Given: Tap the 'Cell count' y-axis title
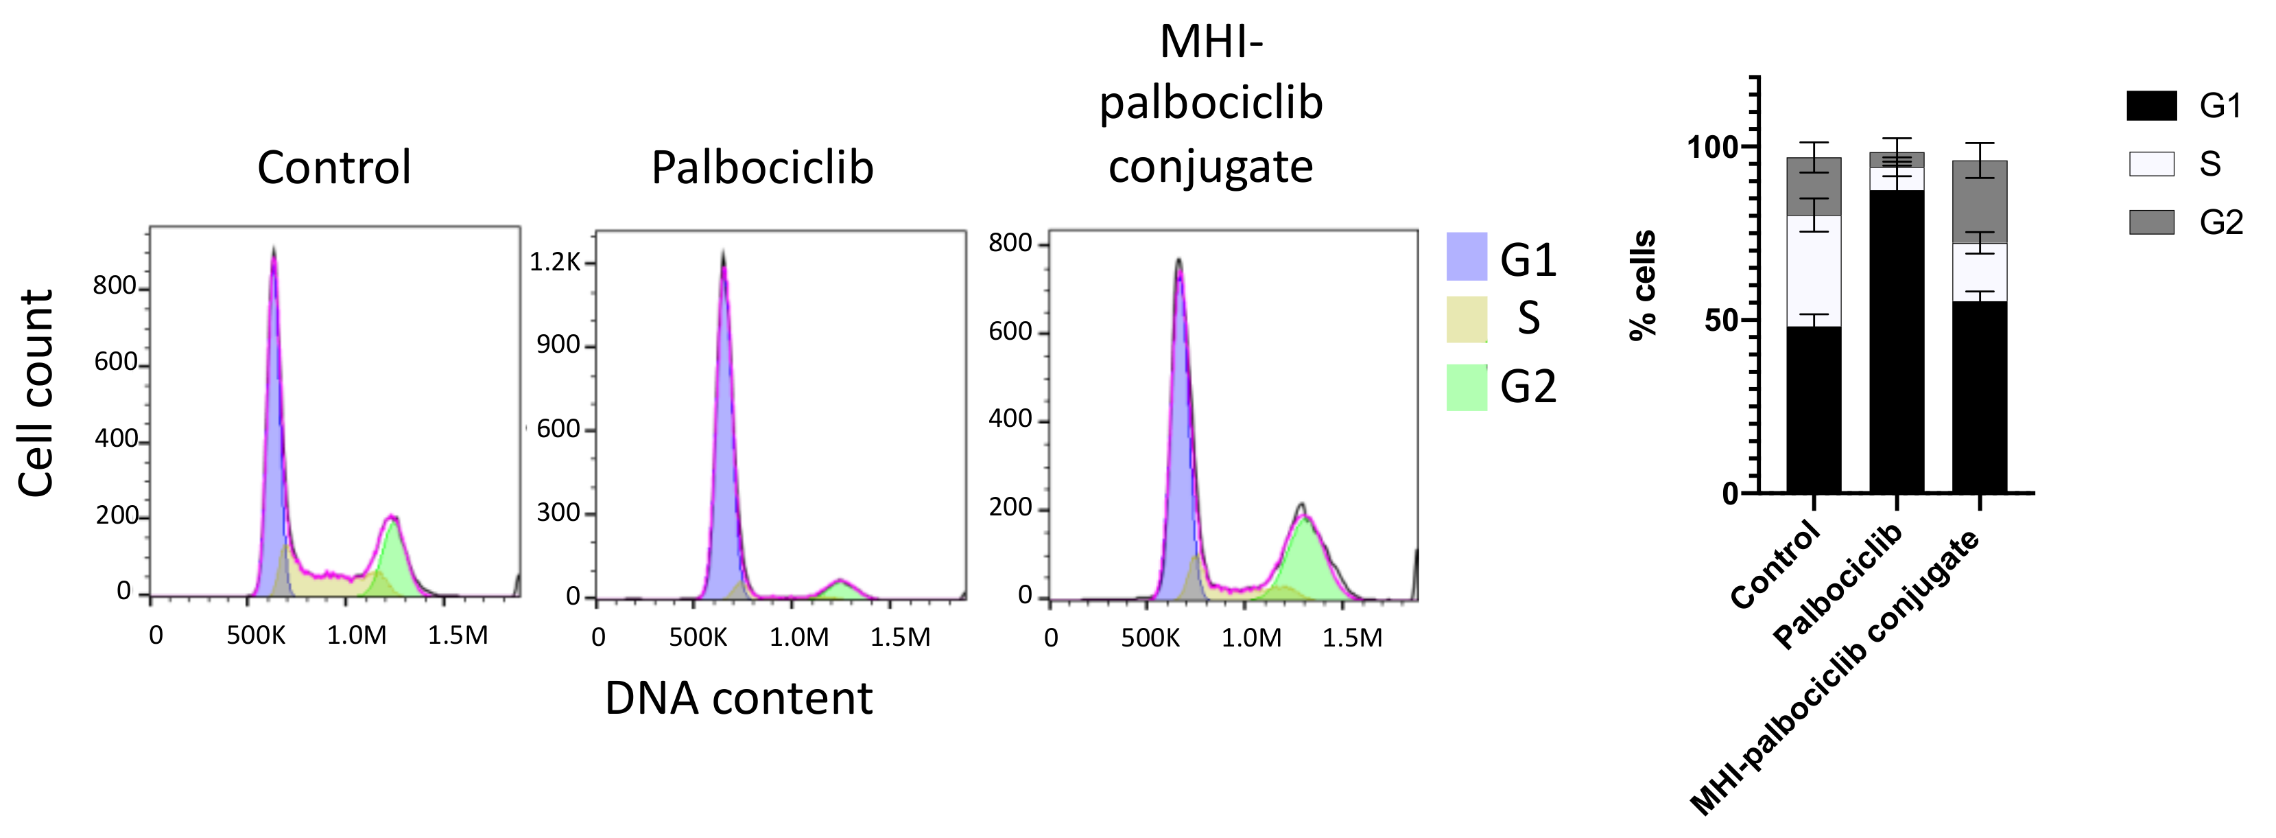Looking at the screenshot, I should (x=37, y=393).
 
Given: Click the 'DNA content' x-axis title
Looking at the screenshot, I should (x=739, y=699).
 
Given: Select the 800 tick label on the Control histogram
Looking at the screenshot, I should (x=115, y=286).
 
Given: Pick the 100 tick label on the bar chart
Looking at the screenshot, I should (x=1711, y=147).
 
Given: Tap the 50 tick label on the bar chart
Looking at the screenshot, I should (x=1721, y=320).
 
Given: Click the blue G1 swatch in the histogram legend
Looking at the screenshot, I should (x=1466, y=257).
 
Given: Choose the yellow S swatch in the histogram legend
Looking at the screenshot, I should (x=1466, y=319).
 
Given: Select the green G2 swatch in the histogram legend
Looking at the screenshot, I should (x=1466, y=387).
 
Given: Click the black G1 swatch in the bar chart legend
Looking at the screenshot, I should (x=2151, y=106).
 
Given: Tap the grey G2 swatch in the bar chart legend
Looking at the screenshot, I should (x=2151, y=222).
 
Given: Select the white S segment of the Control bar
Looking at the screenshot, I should (x=1813, y=270).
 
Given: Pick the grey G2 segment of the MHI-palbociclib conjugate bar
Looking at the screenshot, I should (x=1979, y=202).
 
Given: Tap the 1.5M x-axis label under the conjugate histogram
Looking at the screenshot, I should (x=1352, y=638).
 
